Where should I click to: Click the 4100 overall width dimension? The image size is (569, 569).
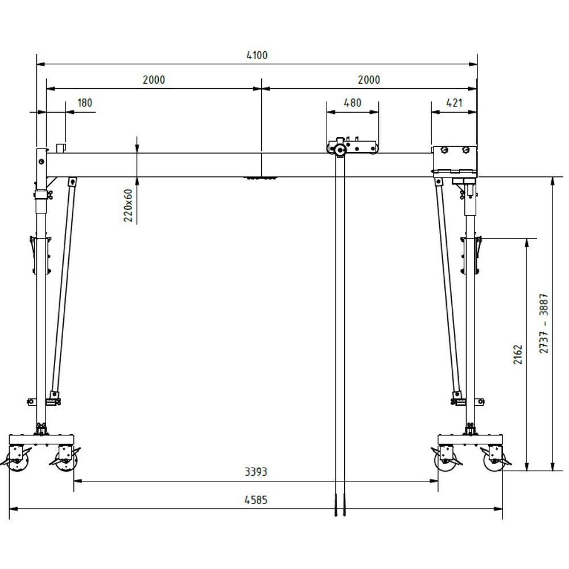click(x=257, y=56)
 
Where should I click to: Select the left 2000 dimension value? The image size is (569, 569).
click(x=154, y=80)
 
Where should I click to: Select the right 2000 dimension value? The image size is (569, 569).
click(x=369, y=80)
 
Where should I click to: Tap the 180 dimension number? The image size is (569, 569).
click(x=85, y=103)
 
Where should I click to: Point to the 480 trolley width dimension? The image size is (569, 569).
click(x=352, y=103)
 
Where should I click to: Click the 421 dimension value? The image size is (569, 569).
click(x=454, y=103)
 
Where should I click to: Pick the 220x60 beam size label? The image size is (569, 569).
click(x=128, y=205)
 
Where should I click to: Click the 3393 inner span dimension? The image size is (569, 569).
click(x=256, y=472)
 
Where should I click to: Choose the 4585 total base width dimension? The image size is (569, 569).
click(x=256, y=500)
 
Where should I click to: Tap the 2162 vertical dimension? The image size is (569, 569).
click(x=517, y=354)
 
